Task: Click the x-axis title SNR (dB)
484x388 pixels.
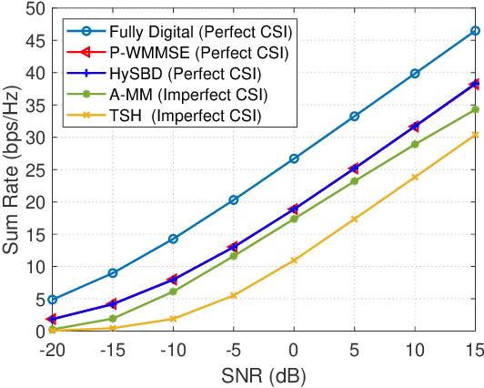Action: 264,375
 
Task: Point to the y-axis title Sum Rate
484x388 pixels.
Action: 13,170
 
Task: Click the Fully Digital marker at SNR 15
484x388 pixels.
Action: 475,31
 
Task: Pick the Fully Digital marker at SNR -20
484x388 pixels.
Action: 53,300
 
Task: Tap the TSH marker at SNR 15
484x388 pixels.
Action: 475,135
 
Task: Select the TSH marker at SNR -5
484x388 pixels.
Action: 233,295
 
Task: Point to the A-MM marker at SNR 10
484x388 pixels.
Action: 415,144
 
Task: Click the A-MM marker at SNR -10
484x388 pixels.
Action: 173,291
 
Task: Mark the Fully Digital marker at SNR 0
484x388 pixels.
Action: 294,158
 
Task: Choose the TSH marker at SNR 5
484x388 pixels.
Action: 354,220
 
